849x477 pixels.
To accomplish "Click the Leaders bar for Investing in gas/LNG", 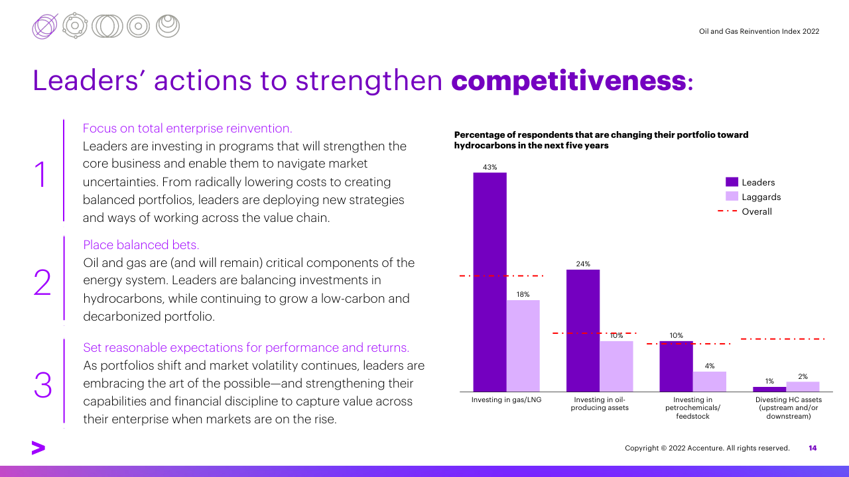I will (490, 282).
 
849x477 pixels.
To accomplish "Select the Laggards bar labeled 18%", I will (523, 345).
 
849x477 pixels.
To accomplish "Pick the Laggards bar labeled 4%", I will (710, 381).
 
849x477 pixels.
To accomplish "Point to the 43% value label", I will (490, 168).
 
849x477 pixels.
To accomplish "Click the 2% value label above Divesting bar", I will (803, 376).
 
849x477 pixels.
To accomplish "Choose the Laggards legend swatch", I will (732, 197).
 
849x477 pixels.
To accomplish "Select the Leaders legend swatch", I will (732, 182).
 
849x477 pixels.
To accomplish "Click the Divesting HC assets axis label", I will (788, 408).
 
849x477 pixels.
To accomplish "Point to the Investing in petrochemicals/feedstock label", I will (692, 408).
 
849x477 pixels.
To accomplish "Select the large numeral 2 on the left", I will (42, 283).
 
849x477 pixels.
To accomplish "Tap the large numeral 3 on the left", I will (42, 385).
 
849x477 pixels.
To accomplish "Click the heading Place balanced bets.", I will (141, 245).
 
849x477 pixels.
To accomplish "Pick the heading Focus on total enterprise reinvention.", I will (187, 128).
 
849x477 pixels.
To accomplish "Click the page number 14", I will (813, 449).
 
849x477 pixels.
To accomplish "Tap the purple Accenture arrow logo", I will (38, 449).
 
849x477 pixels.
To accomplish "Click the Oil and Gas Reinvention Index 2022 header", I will (759, 31).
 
